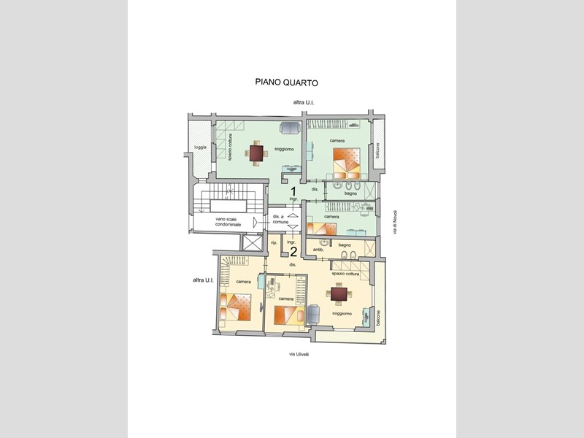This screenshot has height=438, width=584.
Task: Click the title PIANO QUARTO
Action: tap(286, 83)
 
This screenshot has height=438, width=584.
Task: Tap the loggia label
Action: tap(201, 148)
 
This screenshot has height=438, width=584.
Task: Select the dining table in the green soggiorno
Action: tap(256, 153)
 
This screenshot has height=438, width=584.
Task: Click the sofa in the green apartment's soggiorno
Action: tap(290, 128)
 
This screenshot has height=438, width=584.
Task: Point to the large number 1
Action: tap(293, 191)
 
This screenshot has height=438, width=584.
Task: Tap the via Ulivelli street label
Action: tap(299, 354)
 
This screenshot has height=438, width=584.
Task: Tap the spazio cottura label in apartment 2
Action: tap(346, 274)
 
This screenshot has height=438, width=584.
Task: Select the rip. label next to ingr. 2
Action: tap(274, 242)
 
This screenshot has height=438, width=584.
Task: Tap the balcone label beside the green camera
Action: tap(377, 150)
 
